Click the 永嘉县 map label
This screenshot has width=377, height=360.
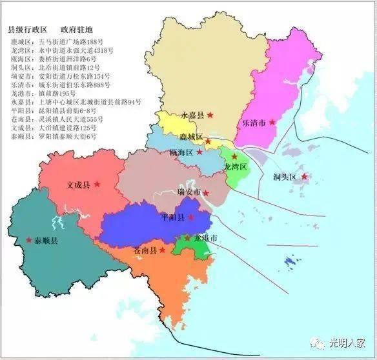pyautogui.click(x=192, y=115)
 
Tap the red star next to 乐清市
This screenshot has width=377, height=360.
pyautogui.click(x=272, y=121)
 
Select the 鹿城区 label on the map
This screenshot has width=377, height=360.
pyautogui.click(x=190, y=137)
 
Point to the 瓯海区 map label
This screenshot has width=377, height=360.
pyautogui.click(x=181, y=152)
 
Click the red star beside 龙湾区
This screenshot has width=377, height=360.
pyautogui.click(x=234, y=156)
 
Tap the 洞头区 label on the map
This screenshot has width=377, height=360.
pyautogui.click(x=283, y=177)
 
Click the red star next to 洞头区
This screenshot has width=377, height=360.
pyautogui.click(x=304, y=176)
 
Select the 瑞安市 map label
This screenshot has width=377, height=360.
pyautogui.click(x=189, y=192)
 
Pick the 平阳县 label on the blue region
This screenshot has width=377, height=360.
pyautogui.click(x=172, y=217)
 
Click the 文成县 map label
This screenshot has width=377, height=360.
pyautogui.click(x=79, y=185)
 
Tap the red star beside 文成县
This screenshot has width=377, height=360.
pyautogui.click(x=97, y=184)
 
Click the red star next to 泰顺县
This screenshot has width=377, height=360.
pyautogui.click(x=28, y=240)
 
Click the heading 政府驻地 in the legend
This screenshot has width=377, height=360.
pyautogui.click(x=77, y=30)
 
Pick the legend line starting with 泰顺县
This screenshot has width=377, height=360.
pyautogui.click(x=63, y=136)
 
